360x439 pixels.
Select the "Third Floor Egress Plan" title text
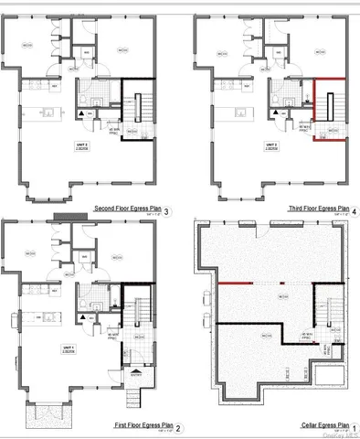click(318, 209)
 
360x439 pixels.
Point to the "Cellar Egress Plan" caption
click(323, 426)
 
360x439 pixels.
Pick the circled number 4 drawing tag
click(355, 211)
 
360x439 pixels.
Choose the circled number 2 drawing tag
click(177, 428)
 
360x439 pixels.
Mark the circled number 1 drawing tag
click(355, 428)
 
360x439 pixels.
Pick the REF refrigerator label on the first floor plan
click(57, 293)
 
